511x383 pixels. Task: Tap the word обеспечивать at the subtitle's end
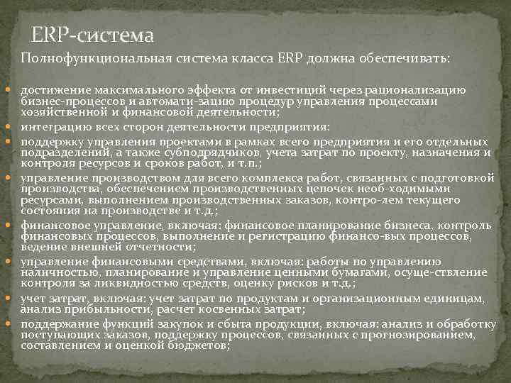pyautogui.click(x=407, y=58)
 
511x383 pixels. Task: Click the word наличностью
pyautogui.click(x=55, y=272)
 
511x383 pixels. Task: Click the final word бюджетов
pyautogui.click(x=199, y=345)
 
